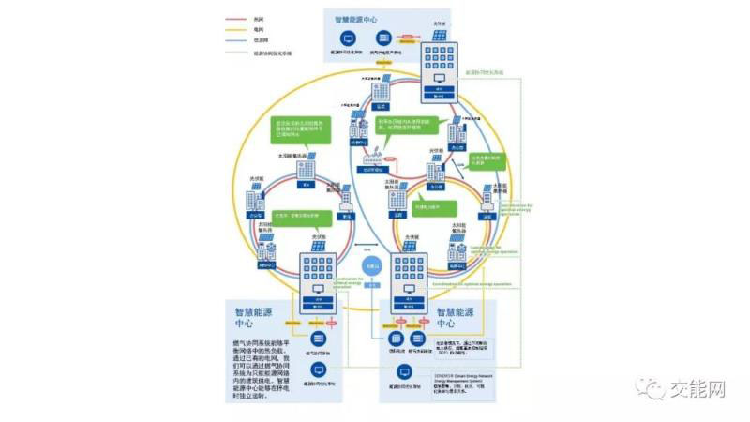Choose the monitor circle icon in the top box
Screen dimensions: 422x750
(x=348, y=41)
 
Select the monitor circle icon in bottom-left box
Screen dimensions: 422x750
(x=319, y=369)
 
